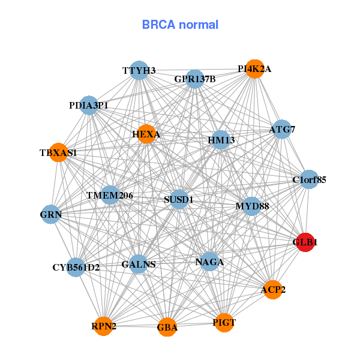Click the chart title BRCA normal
[x=180, y=25]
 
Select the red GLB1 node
[x=305, y=242]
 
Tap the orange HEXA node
[x=146, y=134]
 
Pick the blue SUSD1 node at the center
[x=179, y=199]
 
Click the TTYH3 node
[x=139, y=70]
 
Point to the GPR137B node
[x=195, y=79]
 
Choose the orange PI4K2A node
[x=254, y=68]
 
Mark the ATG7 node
[x=282, y=129]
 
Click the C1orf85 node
[x=309, y=179]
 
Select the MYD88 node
[x=252, y=206]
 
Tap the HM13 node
[x=221, y=140]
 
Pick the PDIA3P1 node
[x=89, y=105]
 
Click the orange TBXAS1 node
[x=59, y=152]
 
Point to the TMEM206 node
[x=110, y=195]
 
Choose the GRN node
[x=51, y=214]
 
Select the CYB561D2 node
[x=76, y=267]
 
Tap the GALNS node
[x=139, y=264]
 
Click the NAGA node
[x=209, y=262]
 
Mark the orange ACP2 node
[x=273, y=290]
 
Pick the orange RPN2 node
[x=104, y=326]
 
